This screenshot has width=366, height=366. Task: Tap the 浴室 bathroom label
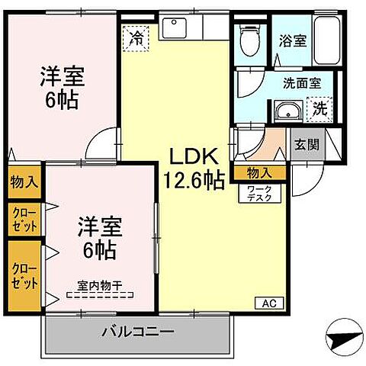coord(292,40)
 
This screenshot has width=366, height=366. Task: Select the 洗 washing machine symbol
coord(321,109)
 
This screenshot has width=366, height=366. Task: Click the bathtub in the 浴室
coord(330,38)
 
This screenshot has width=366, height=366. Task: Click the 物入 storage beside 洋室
coord(24,181)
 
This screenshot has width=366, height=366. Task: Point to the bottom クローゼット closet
coord(24,274)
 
